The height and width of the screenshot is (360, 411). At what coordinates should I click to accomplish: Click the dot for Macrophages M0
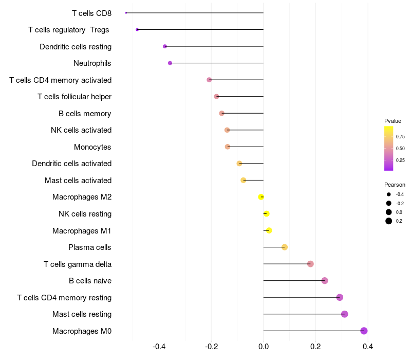(x=364, y=331)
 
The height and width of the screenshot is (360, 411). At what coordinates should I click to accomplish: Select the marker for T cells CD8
(x=126, y=13)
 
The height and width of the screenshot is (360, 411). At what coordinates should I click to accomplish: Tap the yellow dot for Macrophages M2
(x=261, y=197)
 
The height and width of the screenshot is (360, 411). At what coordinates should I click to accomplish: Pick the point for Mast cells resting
(x=344, y=314)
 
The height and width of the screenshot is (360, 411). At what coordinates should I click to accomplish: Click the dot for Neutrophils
(x=170, y=63)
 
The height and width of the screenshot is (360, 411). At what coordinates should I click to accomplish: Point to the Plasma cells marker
(x=285, y=247)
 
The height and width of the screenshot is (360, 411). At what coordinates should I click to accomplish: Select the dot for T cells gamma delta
(x=310, y=264)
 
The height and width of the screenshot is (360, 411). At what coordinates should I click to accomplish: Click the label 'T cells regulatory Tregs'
(x=69, y=30)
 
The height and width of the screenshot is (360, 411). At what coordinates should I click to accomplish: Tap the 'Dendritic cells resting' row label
(x=76, y=47)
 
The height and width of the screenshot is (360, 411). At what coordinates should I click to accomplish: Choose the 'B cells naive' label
(x=90, y=281)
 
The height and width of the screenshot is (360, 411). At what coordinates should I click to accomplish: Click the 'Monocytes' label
(x=92, y=147)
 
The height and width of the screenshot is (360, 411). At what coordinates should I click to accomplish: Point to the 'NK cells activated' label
(x=81, y=130)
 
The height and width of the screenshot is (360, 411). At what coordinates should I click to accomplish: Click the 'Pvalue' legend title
(x=393, y=121)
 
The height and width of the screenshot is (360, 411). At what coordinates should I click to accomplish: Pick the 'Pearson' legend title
(x=395, y=185)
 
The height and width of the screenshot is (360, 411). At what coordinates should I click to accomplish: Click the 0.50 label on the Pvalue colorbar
(x=400, y=148)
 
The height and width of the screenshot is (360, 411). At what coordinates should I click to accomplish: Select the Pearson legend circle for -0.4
(x=389, y=194)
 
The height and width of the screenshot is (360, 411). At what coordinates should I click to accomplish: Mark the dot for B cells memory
(x=221, y=113)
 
